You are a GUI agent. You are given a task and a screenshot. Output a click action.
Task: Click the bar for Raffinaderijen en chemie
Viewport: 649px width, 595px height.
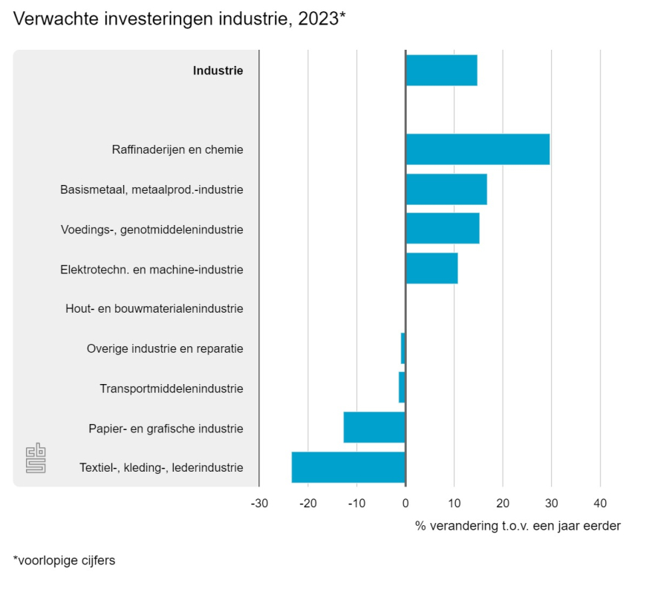[477, 149]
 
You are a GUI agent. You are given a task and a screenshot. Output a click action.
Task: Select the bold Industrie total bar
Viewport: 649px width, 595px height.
[441, 71]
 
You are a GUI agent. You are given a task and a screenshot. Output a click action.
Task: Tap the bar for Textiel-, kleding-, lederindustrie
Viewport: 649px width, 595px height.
[348, 467]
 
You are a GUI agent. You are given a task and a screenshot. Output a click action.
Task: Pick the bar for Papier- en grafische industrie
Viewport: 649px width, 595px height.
[374, 428]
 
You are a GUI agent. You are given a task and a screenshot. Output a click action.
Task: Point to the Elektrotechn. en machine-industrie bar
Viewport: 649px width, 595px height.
[431, 268]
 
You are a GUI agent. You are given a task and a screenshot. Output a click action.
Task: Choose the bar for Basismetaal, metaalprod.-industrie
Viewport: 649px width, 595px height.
[446, 189]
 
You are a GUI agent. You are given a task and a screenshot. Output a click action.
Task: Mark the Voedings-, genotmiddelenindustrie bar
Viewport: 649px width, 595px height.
[442, 229]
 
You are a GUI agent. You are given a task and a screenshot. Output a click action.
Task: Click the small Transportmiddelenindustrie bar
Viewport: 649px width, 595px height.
[402, 388]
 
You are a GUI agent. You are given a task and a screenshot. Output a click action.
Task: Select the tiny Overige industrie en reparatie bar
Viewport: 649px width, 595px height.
[403, 348]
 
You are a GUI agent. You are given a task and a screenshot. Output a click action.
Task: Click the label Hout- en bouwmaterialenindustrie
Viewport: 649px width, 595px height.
[154, 308]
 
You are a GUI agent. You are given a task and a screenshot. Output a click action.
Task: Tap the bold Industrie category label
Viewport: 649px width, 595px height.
[218, 71]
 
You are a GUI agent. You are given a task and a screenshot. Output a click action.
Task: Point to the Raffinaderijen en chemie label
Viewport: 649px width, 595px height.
[177, 149]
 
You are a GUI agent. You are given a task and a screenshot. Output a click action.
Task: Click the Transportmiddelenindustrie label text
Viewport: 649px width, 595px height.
[171, 388]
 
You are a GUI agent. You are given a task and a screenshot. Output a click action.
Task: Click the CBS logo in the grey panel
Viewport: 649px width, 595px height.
[36, 458]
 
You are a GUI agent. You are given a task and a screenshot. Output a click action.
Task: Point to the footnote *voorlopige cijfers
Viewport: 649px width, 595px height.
[64, 561]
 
